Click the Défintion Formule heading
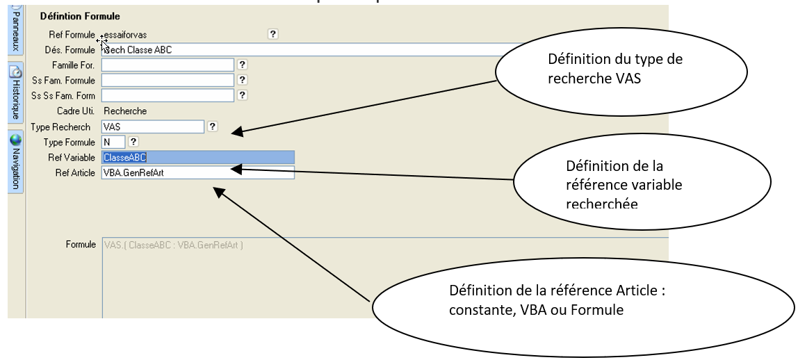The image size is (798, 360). pos(80,15)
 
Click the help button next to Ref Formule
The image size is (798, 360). pos(272,33)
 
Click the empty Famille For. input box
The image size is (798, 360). pos(168,65)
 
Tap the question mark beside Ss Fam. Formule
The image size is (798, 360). pos(242,80)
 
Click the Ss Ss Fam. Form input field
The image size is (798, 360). pos(168,95)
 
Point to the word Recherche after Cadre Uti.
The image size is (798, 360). pos(125,111)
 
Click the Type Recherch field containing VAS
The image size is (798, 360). pos(152,126)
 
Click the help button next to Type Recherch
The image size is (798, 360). pos(213,126)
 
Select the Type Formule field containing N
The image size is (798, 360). pos(113,142)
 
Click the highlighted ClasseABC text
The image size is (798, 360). pos(124,157)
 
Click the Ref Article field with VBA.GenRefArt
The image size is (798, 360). pos(197,172)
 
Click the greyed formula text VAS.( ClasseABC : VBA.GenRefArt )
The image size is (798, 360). pos(172,245)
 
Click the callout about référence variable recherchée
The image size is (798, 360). pos(642,184)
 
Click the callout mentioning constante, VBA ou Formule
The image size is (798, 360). pos(584,300)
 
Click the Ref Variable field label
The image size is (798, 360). pos(71,157)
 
